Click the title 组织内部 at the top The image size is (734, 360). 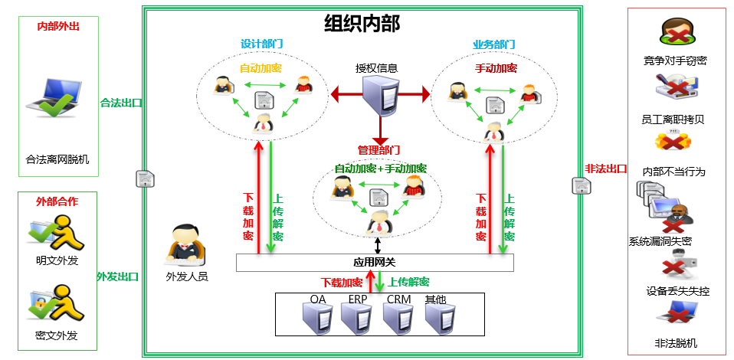[x=362, y=24]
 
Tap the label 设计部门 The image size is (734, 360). [x=260, y=44]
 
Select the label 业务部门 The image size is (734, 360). [x=493, y=44]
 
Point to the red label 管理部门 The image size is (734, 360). [x=378, y=149]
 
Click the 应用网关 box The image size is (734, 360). [x=374, y=263]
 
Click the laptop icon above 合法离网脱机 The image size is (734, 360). [x=56, y=103]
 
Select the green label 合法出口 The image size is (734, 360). [x=120, y=102]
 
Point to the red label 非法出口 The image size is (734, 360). [x=605, y=169]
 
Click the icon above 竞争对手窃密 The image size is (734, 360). [x=674, y=33]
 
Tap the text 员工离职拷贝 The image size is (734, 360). [x=673, y=119]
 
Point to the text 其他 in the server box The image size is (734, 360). [x=435, y=299]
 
